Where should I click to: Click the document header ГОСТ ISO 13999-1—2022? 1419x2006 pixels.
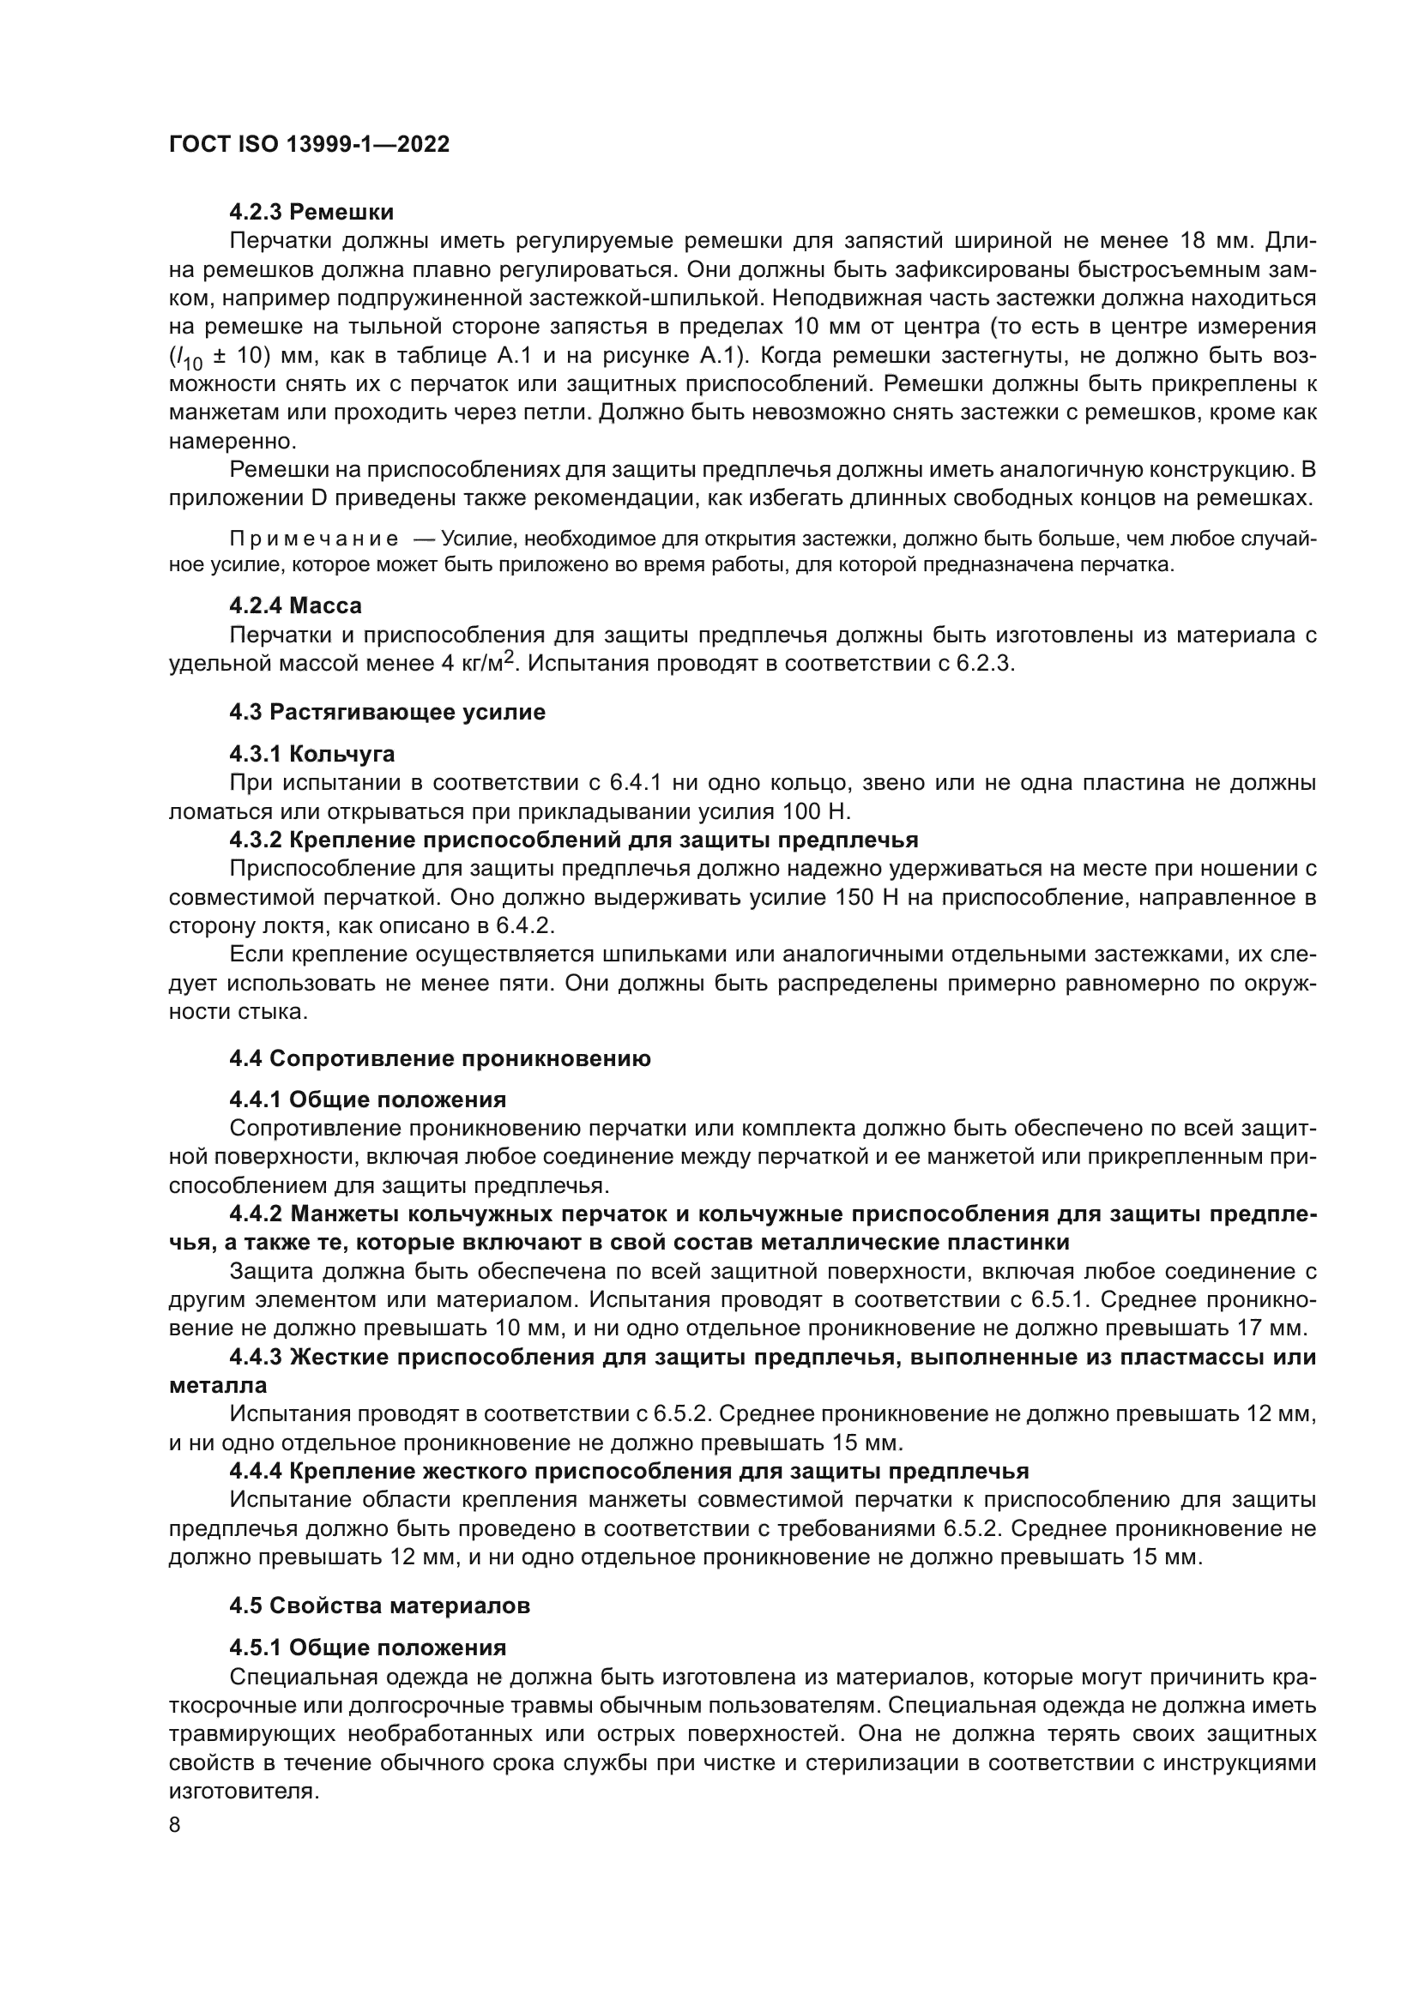pyautogui.click(x=309, y=145)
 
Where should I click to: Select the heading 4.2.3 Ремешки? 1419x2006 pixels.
pyautogui.click(x=311, y=213)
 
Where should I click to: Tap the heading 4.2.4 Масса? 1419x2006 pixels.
pyautogui.click(x=295, y=605)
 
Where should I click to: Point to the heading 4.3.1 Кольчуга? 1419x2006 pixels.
pyautogui.click(x=312, y=753)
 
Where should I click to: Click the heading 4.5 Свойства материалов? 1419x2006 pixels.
pyautogui.click(x=379, y=1605)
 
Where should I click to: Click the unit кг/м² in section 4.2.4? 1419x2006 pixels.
pyautogui.click(x=485, y=663)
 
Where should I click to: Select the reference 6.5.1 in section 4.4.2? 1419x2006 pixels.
pyautogui.click(x=1058, y=1300)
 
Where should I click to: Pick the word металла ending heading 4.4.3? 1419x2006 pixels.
pyautogui.click(x=218, y=1386)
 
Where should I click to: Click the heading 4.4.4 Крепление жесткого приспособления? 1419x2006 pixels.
pyautogui.click(x=629, y=1472)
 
